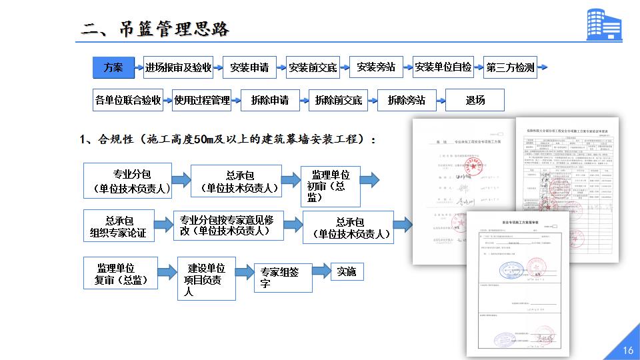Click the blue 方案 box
[113, 67]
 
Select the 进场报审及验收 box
[178, 67]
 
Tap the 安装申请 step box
[249, 67]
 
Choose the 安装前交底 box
[313, 67]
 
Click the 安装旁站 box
[376, 67]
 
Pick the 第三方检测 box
[510, 67]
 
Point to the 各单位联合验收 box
[128, 101]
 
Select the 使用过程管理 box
[201, 101]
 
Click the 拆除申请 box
[270, 101]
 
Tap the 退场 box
[475, 101]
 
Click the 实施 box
[347, 271]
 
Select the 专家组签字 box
[283, 277]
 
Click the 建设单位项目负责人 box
[206, 279]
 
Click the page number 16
[627, 351]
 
